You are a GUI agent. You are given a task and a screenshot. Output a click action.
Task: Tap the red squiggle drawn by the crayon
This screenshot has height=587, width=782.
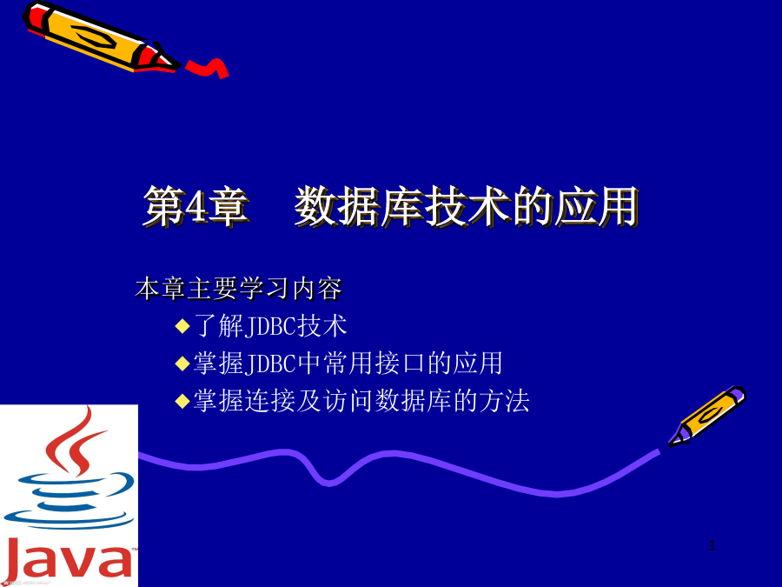(208, 69)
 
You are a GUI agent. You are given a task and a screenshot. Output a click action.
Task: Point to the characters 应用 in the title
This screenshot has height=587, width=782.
(596, 206)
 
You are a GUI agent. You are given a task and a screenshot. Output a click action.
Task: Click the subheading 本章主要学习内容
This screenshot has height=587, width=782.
(239, 289)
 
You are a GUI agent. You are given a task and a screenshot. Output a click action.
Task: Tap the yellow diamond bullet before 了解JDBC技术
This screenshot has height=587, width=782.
(182, 326)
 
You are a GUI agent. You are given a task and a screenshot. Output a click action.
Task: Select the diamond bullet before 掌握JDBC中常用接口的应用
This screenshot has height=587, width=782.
(182, 364)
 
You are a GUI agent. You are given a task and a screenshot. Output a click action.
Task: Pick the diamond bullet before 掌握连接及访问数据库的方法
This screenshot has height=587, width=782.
(182, 401)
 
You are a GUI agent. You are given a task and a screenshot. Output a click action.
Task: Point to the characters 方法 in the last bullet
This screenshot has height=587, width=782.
(504, 401)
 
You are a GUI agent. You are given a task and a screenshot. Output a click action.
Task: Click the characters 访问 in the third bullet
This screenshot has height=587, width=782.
(348, 401)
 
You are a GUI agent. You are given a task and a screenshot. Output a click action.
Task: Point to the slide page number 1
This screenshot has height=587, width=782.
(712, 545)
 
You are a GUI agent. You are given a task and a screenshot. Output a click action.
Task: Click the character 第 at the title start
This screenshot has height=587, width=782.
(163, 206)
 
